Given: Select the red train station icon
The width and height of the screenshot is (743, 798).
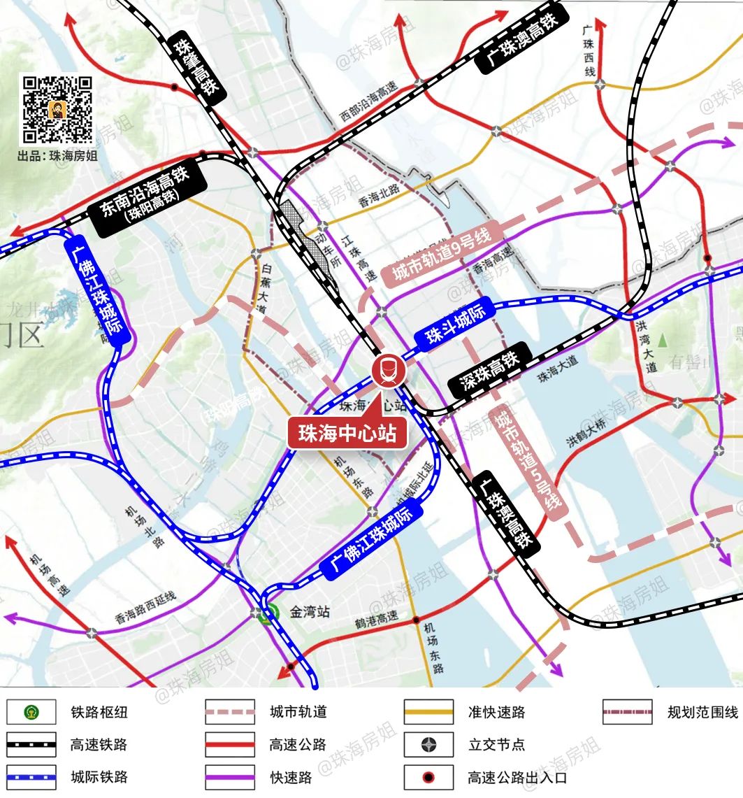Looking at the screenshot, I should pos(387,371).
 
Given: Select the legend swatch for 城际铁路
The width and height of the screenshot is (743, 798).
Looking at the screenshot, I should pos(31,776).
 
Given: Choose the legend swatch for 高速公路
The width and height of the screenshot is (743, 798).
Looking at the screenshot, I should pos(230,745).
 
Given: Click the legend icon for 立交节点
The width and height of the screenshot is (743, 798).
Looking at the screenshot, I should pos(428,745).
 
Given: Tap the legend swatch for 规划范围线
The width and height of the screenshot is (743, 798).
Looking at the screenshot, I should pos(627,713).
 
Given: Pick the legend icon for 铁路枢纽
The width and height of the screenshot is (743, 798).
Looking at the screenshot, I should pos(31,713).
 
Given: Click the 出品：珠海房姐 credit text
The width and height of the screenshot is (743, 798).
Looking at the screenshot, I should pos(58,156).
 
